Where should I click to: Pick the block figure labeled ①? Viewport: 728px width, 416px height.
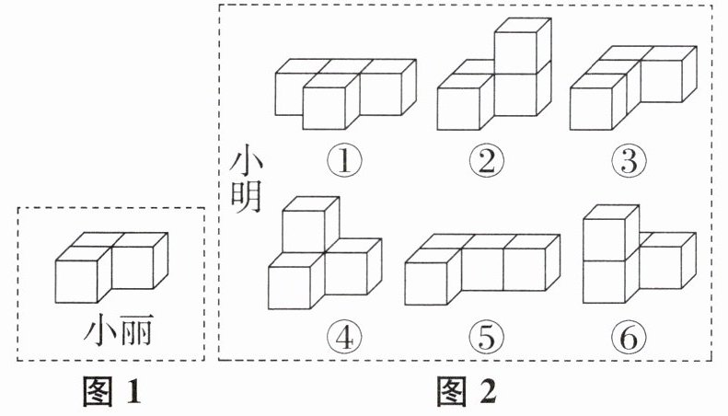pyautogui.click(x=346, y=92)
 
